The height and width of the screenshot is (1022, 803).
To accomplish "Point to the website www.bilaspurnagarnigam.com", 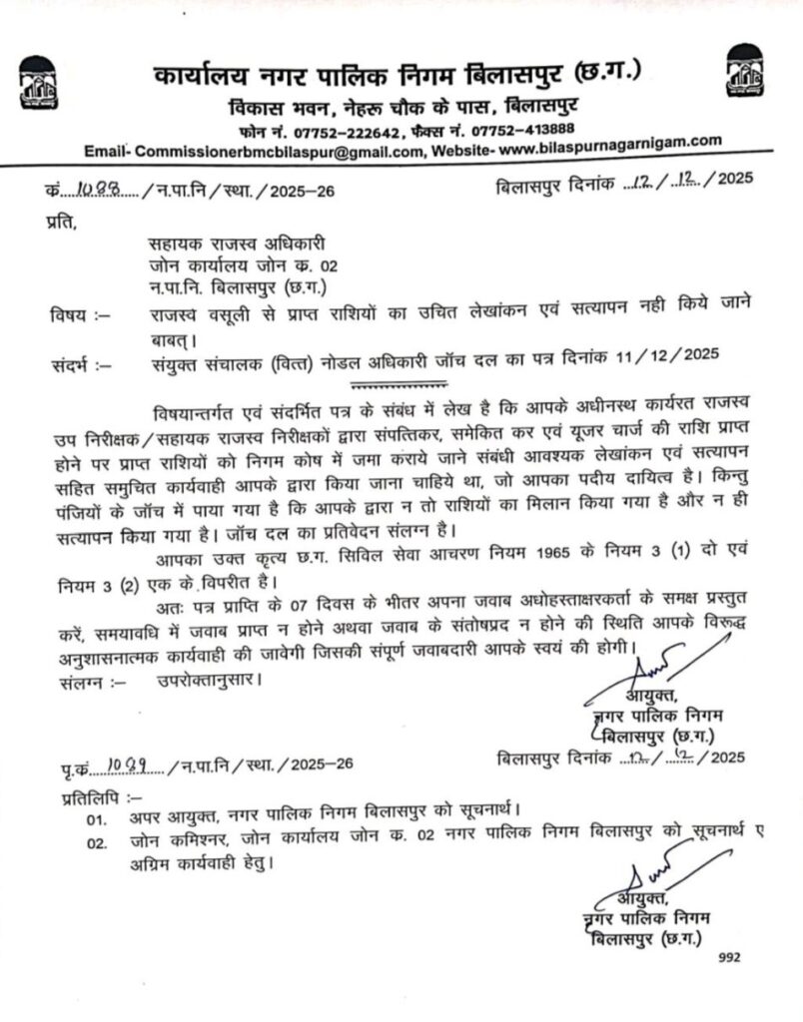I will pos(609,146).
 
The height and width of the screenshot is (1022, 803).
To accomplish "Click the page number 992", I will pos(732,956).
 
